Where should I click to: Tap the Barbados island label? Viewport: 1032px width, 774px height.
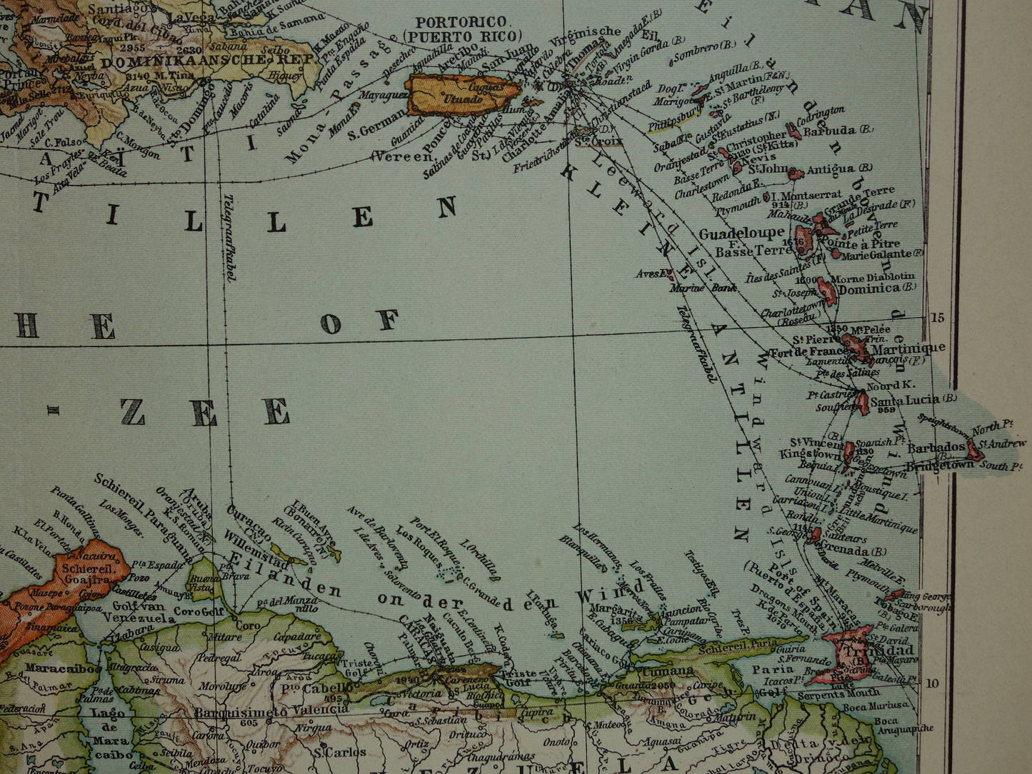pos(936,448)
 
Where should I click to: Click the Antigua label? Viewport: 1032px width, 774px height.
pos(830,169)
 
